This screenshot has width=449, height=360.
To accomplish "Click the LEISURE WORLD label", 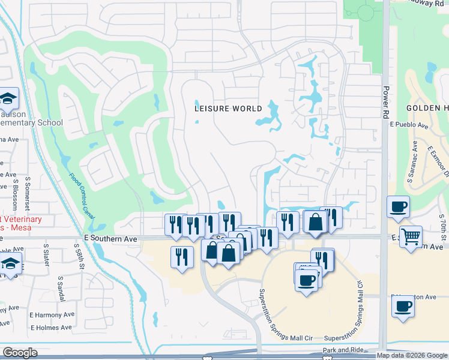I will click(x=228, y=109).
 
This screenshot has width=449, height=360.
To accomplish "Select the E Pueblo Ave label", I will click(x=408, y=126).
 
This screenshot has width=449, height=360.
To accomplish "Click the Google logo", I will click(x=20, y=353).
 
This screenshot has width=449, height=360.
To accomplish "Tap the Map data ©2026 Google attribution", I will click(x=412, y=355).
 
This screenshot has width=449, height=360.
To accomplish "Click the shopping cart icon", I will click(x=411, y=236).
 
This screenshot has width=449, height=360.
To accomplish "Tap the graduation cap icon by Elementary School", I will click(x=8, y=98).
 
